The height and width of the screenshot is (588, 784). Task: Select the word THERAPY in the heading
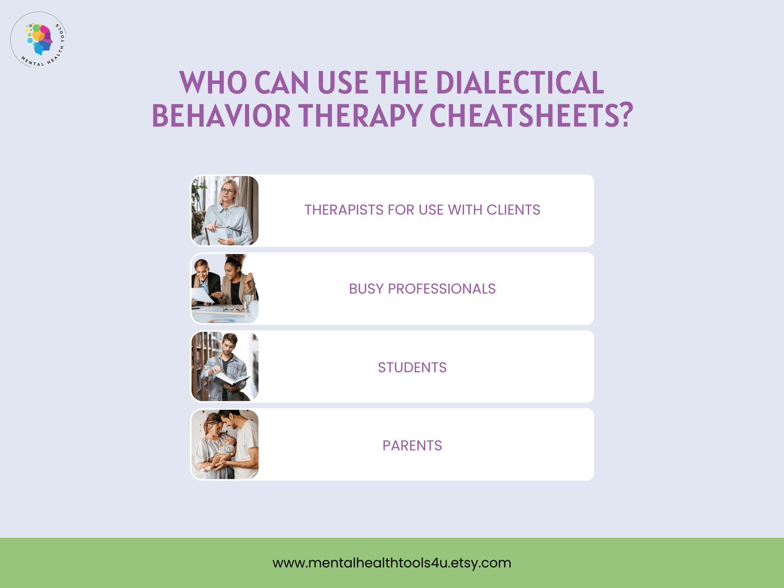[x=361, y=116]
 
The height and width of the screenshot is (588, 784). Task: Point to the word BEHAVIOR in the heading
[x=221, y=116]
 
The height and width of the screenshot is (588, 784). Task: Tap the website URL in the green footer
[x=392, y=563]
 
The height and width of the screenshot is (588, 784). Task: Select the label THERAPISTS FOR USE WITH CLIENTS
[x=422, y=210]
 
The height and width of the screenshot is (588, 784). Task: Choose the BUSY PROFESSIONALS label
[x=422, y=289]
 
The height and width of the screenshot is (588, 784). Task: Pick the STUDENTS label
[x=412, y=367]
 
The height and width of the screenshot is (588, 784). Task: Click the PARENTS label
[x=412, y=445]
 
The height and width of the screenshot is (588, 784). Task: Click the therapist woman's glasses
[x=228, y=191]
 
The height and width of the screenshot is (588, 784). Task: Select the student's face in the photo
[x=228, y=345]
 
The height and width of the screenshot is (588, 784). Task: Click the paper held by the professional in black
[x=202, y=295]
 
